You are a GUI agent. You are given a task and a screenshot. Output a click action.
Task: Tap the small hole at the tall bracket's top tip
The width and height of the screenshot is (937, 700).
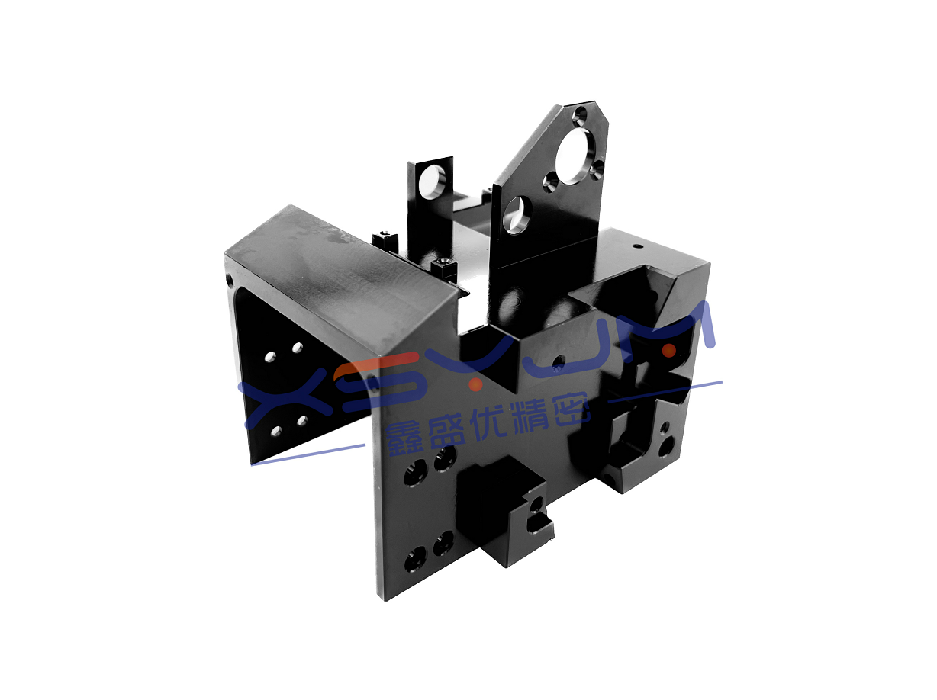(581, 114)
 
